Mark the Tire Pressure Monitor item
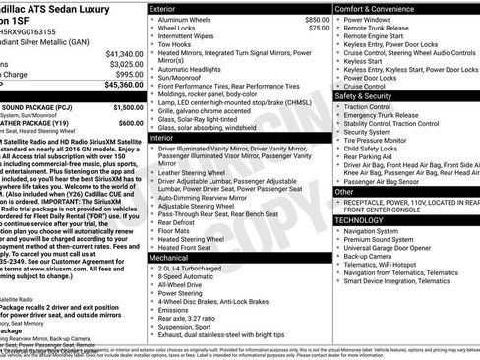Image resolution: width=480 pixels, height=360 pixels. point(382,140)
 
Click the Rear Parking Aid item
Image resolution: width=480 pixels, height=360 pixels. point(374,157)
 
